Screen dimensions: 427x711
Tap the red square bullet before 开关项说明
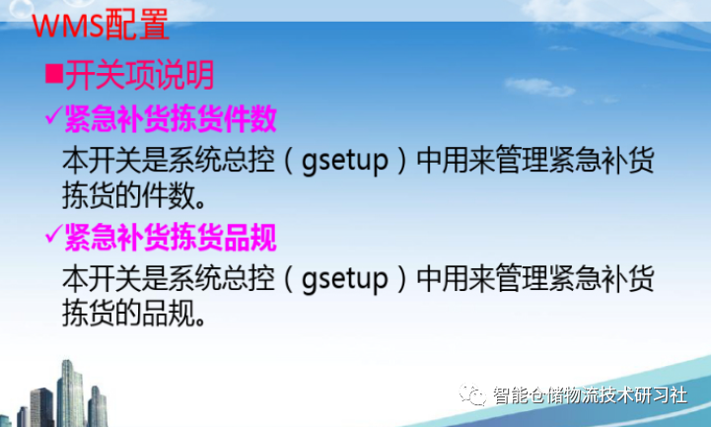coord(55,76)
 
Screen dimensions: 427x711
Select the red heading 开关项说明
coord(139,76)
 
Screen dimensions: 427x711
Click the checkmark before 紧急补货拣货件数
coord(53,119)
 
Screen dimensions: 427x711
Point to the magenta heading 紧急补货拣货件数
coord(170,120)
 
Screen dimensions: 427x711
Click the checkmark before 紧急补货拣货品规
coord(53,237)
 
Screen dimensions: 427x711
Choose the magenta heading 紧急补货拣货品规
coord(170,238)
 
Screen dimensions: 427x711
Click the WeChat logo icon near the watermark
coord(477,395)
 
